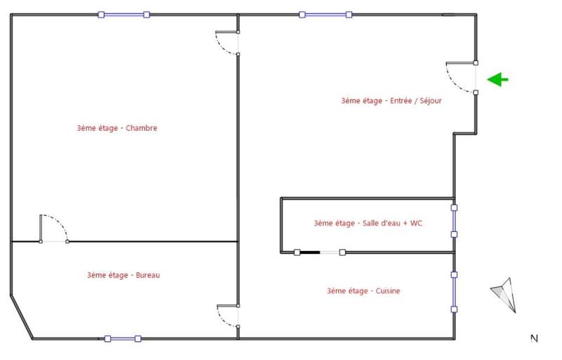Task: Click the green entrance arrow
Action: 498,79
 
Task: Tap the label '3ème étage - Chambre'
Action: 117,128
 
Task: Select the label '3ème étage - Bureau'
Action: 124,275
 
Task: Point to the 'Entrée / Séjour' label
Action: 391,101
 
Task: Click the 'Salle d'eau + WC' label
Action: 367,224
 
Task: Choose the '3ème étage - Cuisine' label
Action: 363,290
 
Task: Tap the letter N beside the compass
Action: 534,339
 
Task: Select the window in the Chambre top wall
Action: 124,14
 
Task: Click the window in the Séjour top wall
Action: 325,14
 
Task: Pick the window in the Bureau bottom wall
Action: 122,339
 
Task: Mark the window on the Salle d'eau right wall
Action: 455,221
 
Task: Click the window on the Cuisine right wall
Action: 455,291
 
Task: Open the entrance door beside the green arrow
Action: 462,77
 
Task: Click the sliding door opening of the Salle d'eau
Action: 331,252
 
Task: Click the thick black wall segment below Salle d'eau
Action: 309,252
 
